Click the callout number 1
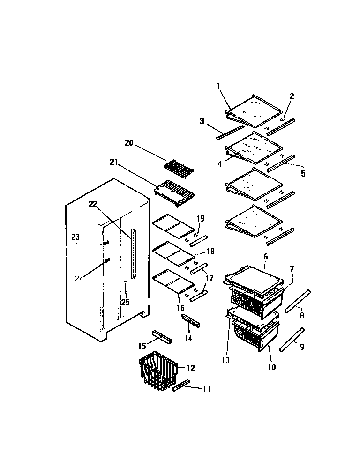pos(218,86)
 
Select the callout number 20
pos(129,143)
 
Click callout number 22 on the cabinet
pos(92,204)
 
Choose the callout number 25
pos(125,302)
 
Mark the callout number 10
pos(271,367)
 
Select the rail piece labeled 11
pos(181,386)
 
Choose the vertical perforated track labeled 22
pos(135,253)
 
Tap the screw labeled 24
pos(108,260)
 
